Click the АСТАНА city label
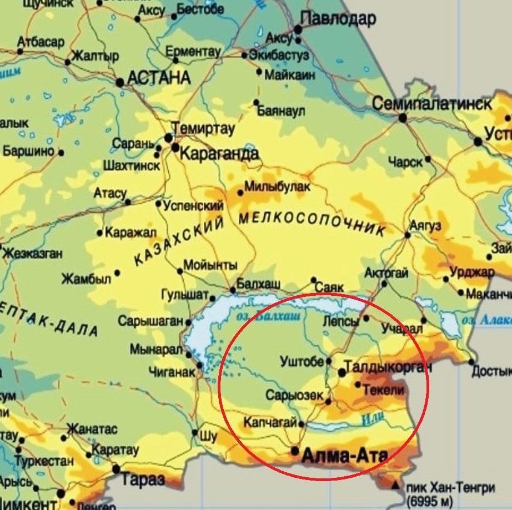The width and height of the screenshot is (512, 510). (159, 78)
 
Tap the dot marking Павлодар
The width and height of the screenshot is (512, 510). (298, 29)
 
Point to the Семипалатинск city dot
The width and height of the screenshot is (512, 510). (403, 118)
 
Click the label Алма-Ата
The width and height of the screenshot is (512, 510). (344, 456)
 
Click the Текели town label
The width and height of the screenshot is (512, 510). (383, 390)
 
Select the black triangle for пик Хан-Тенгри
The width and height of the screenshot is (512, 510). (395, 486)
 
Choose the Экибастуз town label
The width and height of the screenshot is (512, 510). (278, 55)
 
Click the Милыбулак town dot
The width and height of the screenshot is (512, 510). (240, 193)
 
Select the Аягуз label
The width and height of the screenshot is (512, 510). (425, 226)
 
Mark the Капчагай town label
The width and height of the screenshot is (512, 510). (270, 423)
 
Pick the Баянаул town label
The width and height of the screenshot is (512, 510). (282, 111)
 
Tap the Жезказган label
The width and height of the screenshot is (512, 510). (32, 254)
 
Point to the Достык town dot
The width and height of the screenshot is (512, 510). (471, 362)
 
